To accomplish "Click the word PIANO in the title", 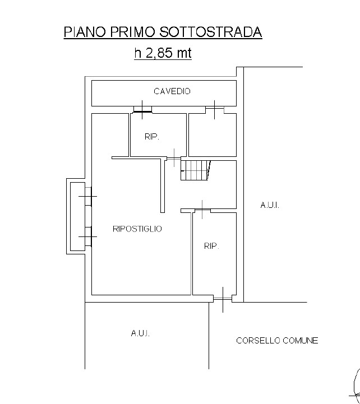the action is (85, 32).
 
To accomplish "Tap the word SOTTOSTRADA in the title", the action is (211, 32).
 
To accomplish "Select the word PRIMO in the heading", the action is (132, 32).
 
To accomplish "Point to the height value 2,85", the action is (159, 53).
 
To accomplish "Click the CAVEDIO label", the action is (172, 91).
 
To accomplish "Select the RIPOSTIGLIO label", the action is (137, 229).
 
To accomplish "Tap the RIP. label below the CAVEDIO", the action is (152, 137).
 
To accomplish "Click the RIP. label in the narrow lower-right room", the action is (211, 246).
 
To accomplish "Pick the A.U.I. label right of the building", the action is (270, 205).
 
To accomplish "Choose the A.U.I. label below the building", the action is (140, 333).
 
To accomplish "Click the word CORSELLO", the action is (258, 341).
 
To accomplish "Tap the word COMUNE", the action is (301, 341).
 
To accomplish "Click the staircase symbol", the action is (196, 170).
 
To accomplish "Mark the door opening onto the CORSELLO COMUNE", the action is (223, 299).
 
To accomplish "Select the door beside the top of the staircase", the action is (174, 158).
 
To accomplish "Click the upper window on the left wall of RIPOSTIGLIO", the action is (88, 196).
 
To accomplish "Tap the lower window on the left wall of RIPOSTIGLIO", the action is (88, 236).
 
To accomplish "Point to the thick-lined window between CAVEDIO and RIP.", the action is (142, 109).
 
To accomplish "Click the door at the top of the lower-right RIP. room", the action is (202, 210).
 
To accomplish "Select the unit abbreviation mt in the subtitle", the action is (184, 53).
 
